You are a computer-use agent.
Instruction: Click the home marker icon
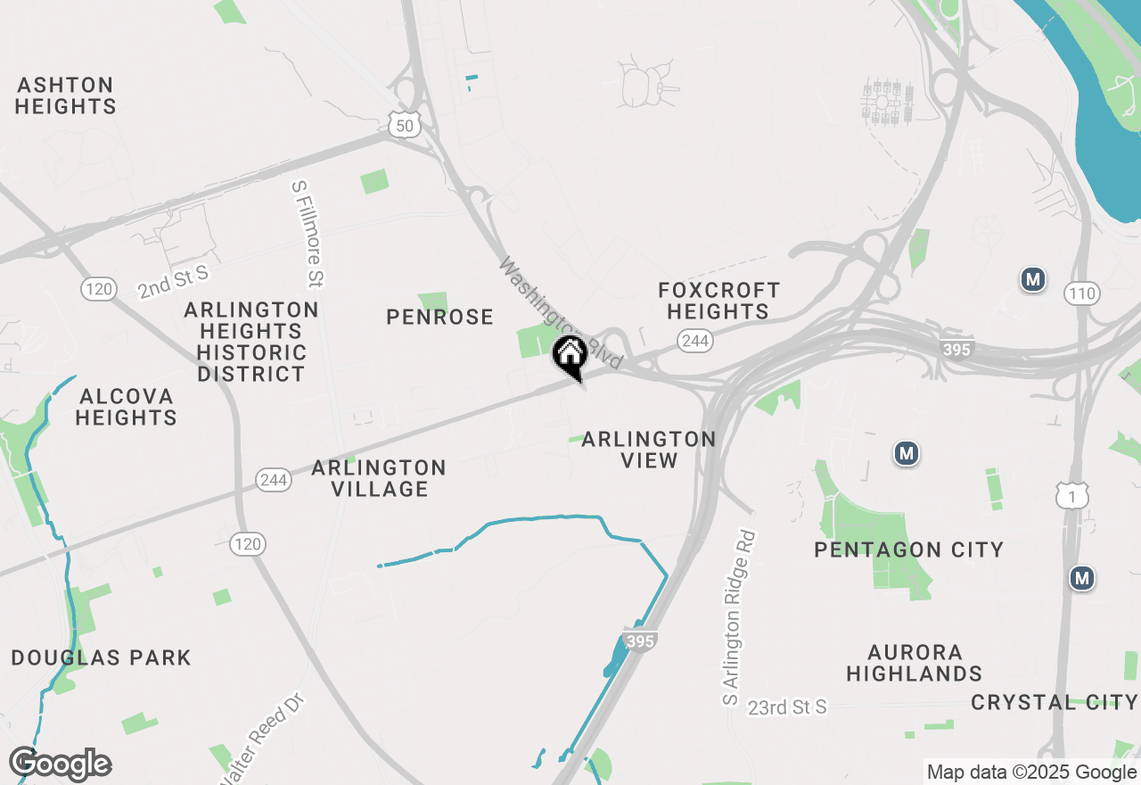(570, 356)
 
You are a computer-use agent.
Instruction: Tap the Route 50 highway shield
(405, 126)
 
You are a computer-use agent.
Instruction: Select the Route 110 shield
(1081, 293)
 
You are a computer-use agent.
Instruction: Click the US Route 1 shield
(1071, 496)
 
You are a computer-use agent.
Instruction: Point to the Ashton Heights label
(66, 96)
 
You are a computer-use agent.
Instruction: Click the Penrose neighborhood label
(439, 317)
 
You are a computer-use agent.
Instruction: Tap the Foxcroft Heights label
(718, 301)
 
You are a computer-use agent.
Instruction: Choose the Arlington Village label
(379, 478)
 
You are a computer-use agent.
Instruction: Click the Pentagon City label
(908, 549)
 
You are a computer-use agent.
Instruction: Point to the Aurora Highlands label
(914, 663)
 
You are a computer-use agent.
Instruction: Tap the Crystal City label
(1054, 702)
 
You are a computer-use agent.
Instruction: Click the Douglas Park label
(101, 658)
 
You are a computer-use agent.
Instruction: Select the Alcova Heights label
(126, 407)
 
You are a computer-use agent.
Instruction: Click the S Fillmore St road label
(306, 235)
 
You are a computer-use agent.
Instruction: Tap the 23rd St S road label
(787, 707)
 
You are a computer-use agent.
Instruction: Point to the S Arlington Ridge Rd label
(740, 619)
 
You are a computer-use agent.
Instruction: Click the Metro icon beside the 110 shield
(1033, 280)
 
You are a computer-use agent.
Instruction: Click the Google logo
(60, 764)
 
